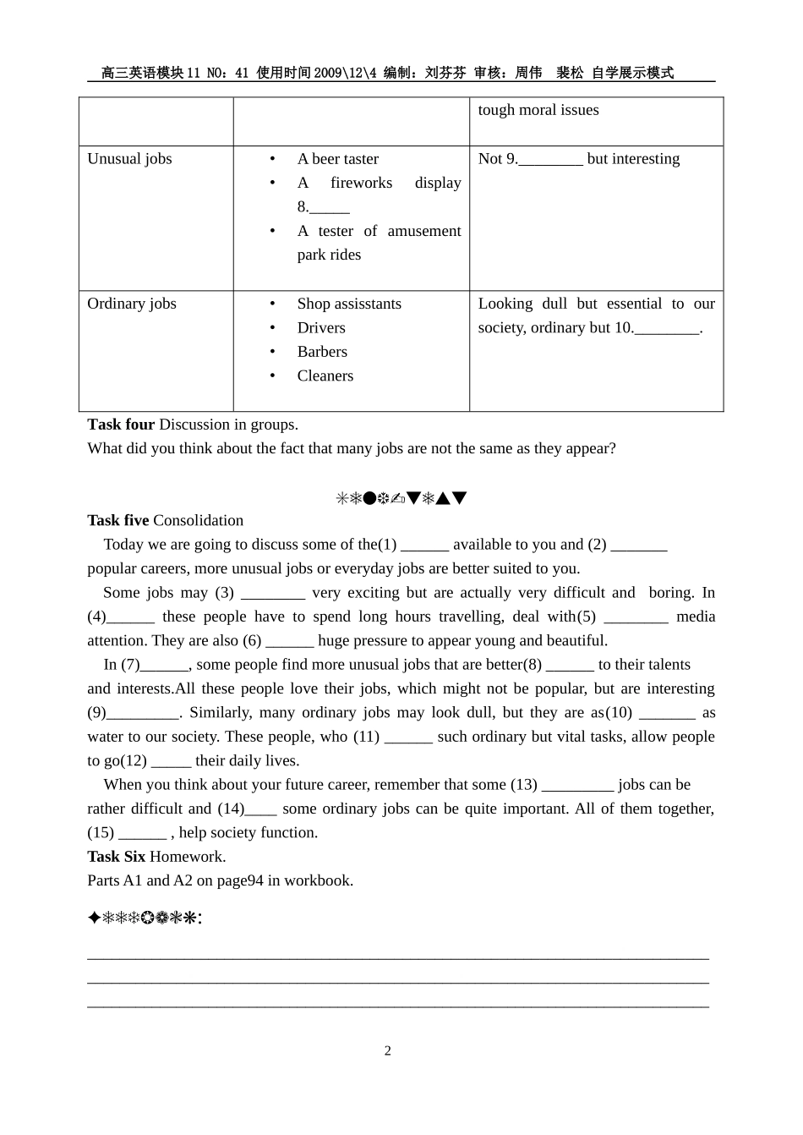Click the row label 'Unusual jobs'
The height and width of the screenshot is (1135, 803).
(x=129, y=159)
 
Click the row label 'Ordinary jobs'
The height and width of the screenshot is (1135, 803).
(x=132, y=304)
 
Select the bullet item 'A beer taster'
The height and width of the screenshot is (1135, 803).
(x=337, y=159)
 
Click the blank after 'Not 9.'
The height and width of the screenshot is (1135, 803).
(x=550, y=160)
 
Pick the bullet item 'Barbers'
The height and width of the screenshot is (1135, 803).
(x=322, y=352)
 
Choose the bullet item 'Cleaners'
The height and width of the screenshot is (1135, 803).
(x=325, y=376)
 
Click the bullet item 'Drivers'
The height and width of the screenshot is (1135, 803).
(x=321, y=328)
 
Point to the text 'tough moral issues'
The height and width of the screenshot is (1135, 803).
(x=538, y=110)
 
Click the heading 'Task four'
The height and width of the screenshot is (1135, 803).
(x=121, y=425)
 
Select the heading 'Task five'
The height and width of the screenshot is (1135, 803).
(x=118, y=521)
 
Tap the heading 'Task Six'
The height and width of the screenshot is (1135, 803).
(x=117, y=857)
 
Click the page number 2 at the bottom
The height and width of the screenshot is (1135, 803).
(x=388, y=1051)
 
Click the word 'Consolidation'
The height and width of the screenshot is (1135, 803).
(x=198, y=521)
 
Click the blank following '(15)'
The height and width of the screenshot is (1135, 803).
(x=143, y=834)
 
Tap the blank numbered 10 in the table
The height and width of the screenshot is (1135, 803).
(x=668, y=329)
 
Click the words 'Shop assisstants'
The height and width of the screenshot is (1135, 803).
(x=349, y=304)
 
